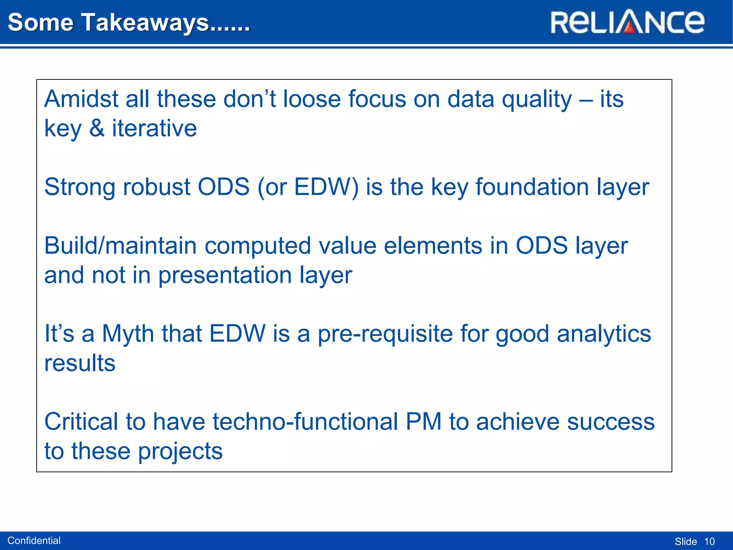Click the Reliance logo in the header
pyautogui.click(x=627, y=22)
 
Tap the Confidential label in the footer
pyautogui.click(x=34, y=540)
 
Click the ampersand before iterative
pyautogui.click(x=97, y=128)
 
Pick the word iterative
pyautogui.click(x=154, y=128)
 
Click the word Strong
pyautogui.click(x=80, y=187)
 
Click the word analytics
pyautogui.click(x=604, y=334)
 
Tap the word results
pyautogui.click(x=80, y=363)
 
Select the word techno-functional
pyautogui.click(x=305, y=421)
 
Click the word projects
pyautogui.click(x=180, y=451)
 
